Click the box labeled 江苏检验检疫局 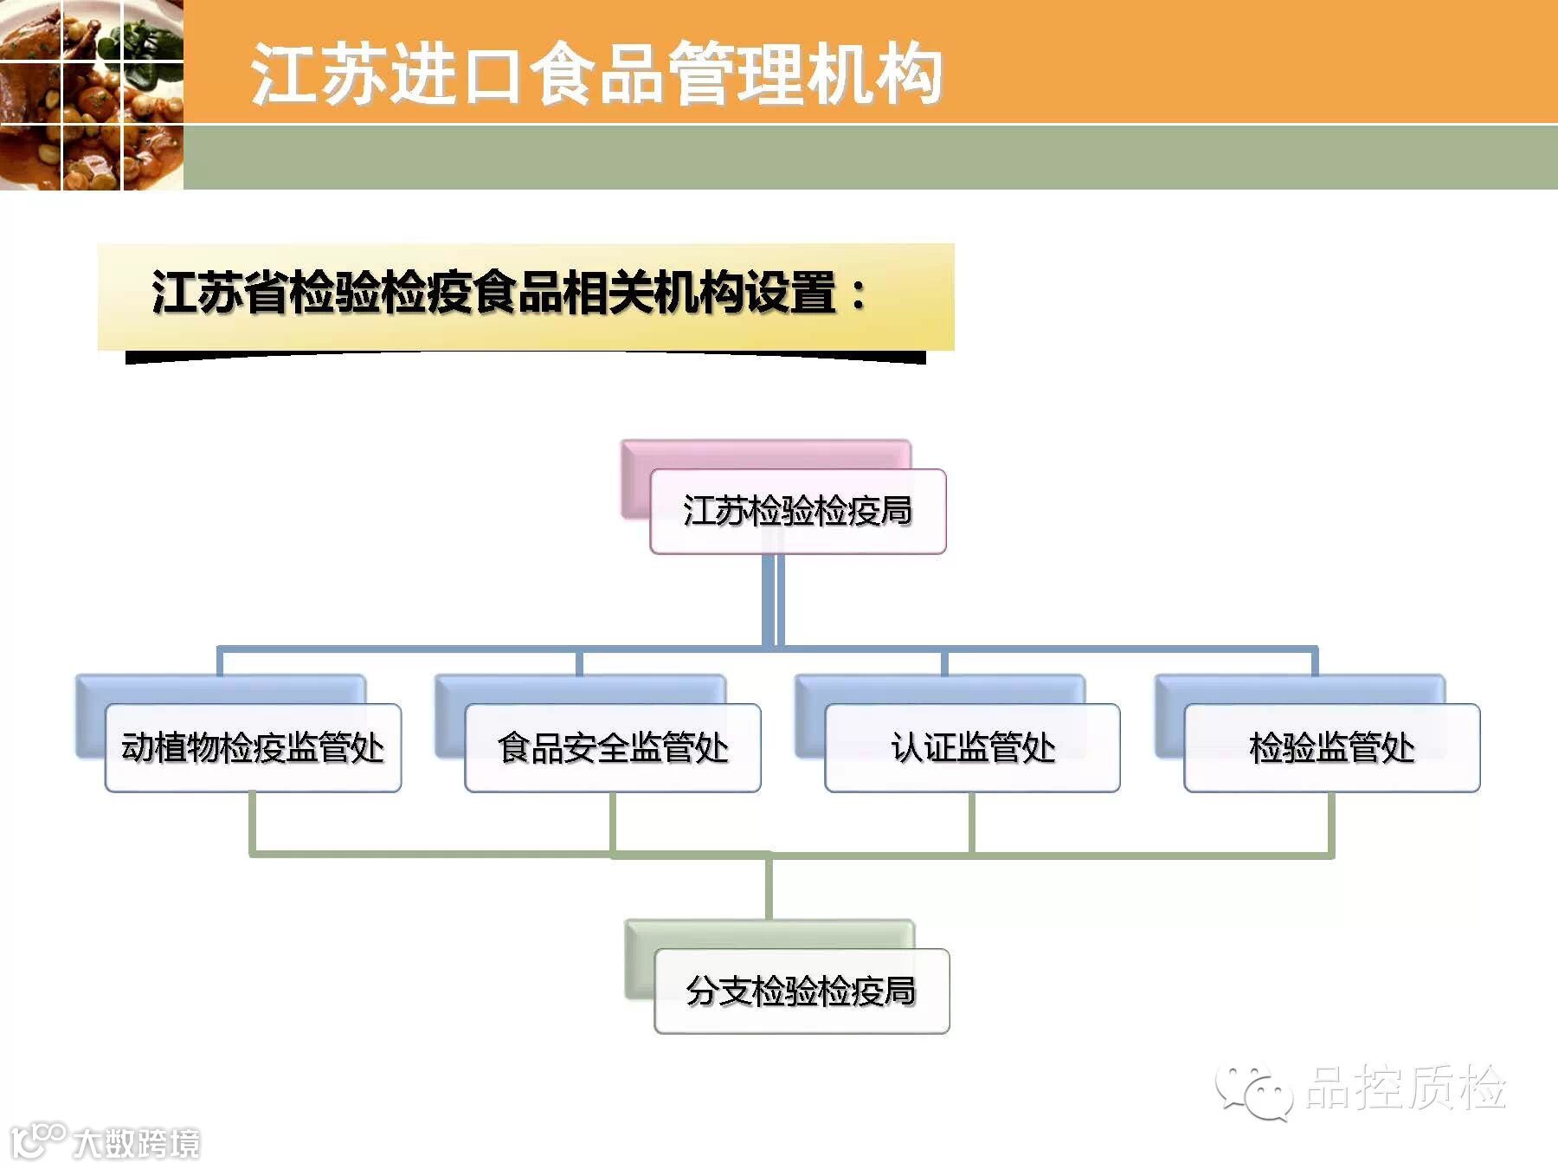point(797,511)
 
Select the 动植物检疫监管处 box point(253,747)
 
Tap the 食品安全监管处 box point(613,747)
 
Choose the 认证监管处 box point(972,747)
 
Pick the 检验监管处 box point(1331,747)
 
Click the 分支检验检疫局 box point(802,991)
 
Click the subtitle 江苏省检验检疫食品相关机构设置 point(493,293)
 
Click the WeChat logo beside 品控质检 point(1253,1091)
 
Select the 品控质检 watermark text point(1406,1088)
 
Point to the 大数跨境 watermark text point(137,1144)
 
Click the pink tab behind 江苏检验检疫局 point(762,454)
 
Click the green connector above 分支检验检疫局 point(769,888)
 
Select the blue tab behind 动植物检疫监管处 point(221,689)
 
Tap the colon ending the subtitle point(858,294)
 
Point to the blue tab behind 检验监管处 point(1298,689)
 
